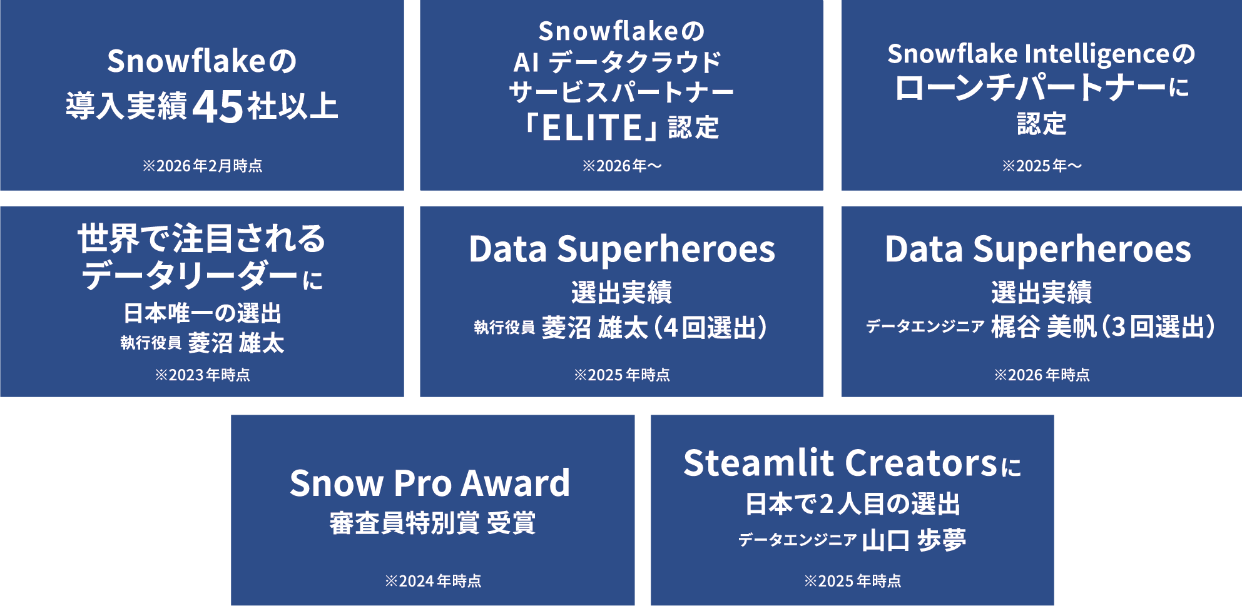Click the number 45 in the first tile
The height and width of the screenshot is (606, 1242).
(218, 107)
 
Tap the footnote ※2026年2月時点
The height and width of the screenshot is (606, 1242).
(202, 166)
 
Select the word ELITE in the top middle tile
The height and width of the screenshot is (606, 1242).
(591, 128)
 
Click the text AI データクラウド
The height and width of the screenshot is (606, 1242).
(617, 62)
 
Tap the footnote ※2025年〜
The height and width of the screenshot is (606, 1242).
(1041, 166)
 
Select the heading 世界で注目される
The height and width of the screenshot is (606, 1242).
(201, 239)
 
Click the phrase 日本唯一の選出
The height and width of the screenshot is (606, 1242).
(202, 313)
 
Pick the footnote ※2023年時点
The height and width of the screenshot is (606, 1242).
(202, 375)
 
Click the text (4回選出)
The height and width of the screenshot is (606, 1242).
(711, 327)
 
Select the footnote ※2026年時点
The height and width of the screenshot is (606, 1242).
(1041, 375)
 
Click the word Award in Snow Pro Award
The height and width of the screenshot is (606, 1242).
(516, 483)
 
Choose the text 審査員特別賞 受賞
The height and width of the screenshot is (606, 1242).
(432, 523)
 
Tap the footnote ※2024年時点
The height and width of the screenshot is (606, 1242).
(433, 581)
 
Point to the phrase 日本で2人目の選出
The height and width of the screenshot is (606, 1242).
(852, 504)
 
